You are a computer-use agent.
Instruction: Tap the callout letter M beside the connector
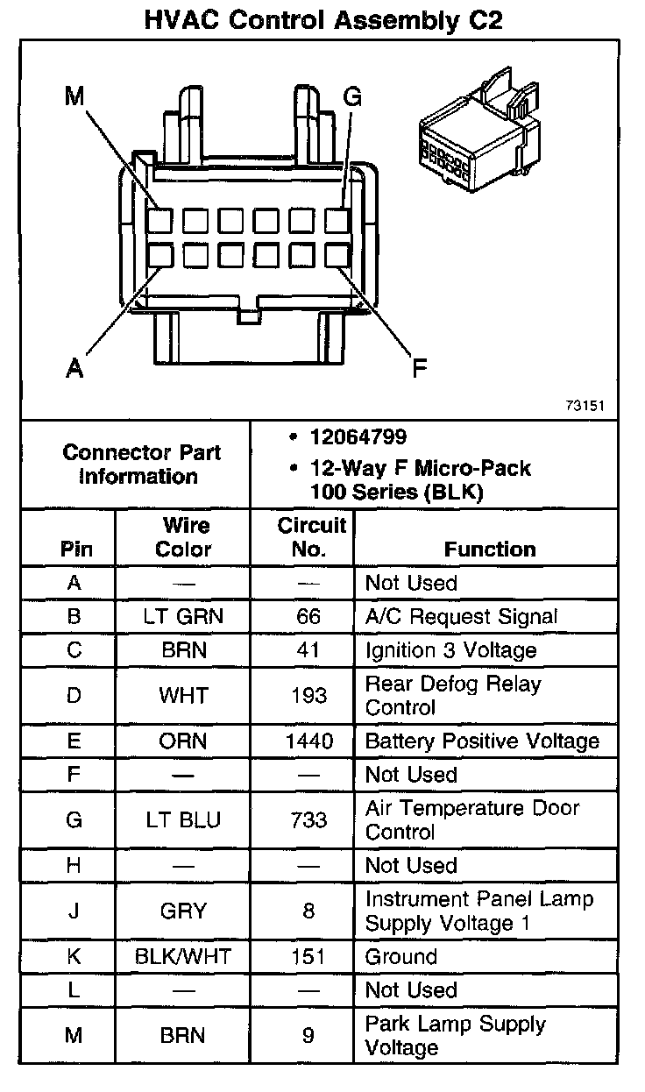(74, 96)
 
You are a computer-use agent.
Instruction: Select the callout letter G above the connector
(351, 96)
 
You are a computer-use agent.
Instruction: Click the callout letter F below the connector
(420, 368)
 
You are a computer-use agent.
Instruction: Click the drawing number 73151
(586, 407)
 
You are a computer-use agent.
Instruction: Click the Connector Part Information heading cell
(141, 464)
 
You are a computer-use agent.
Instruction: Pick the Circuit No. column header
(312, 537)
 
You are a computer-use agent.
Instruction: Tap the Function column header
(489, 550)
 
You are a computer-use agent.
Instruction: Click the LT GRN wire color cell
(183, 616)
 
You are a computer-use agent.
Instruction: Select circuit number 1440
(308, 741)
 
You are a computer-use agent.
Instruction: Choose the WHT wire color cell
(183, 696)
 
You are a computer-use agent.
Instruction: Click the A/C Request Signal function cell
(461, 616)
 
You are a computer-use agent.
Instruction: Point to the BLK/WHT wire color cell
(183, 956)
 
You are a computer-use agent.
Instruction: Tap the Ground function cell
(400, 956)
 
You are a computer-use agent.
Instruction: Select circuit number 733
(308, 820)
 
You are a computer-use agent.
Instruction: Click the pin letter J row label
(74, 911)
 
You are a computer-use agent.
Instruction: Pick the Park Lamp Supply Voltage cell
(455, 1035)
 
